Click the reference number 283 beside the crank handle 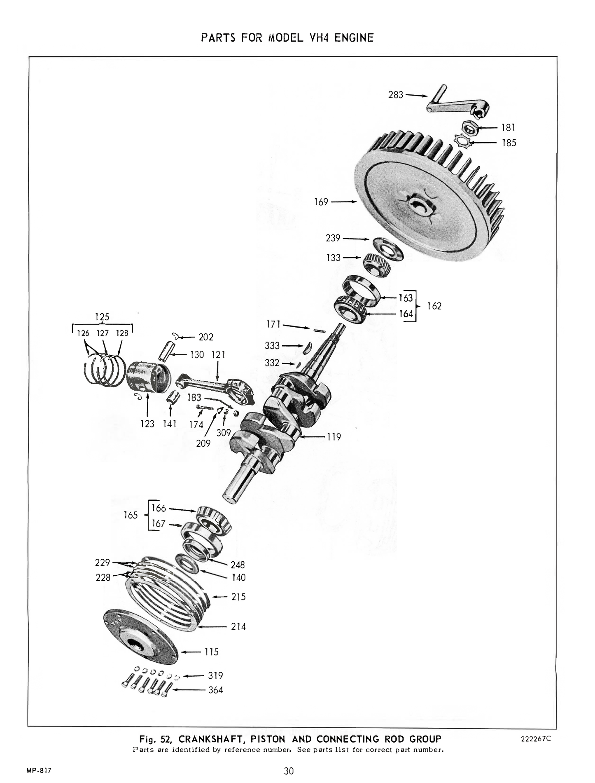point(395,95)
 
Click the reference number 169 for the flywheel point(321,202)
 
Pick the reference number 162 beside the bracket point(434,306)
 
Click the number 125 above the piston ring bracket point(102,317)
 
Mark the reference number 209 point(203,444)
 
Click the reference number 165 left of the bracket point(131,515)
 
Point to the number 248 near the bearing point(238,565)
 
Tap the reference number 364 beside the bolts point(215,690)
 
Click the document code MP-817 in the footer point(39,769)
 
